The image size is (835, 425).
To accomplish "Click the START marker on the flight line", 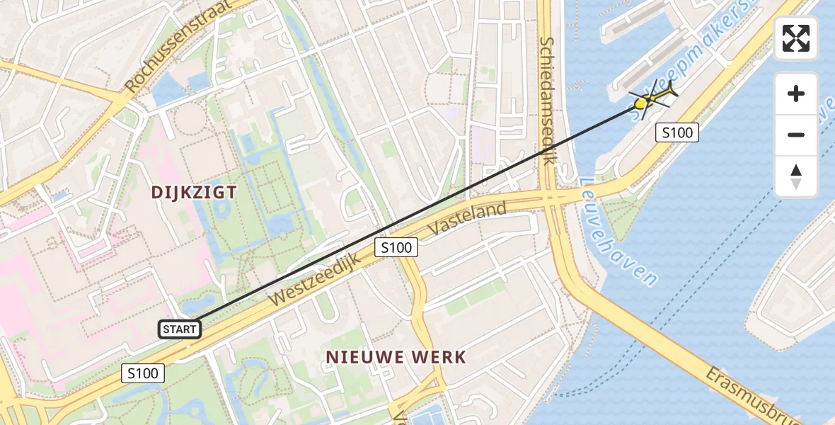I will (x=180, y=329).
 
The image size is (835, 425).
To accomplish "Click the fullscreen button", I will (x=796, y=38).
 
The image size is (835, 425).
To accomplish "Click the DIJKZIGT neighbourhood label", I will (x=193, y=192).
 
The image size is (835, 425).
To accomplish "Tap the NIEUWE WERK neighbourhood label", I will (x=396, y=357).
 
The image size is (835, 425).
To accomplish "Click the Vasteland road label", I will (x=468, y=219).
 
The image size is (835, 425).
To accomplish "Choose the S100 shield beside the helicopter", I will (x=676, y=132).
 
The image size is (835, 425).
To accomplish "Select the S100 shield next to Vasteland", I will (x=396, y=247).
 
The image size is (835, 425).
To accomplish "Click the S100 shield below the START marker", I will (x=143, y=373).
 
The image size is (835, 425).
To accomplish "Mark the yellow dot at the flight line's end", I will (x=640, y=104).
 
